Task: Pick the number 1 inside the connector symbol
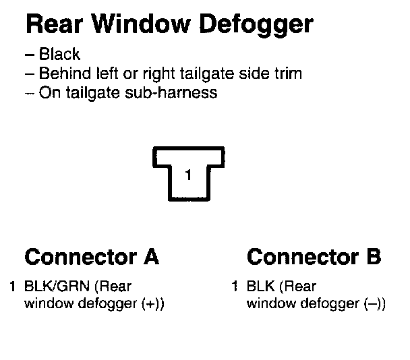(188, 175)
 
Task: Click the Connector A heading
(92, 257)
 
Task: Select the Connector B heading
(314, 257)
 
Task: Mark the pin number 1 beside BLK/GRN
(13, 286)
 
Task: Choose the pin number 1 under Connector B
(235, 286)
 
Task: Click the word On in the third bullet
(48, 92)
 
